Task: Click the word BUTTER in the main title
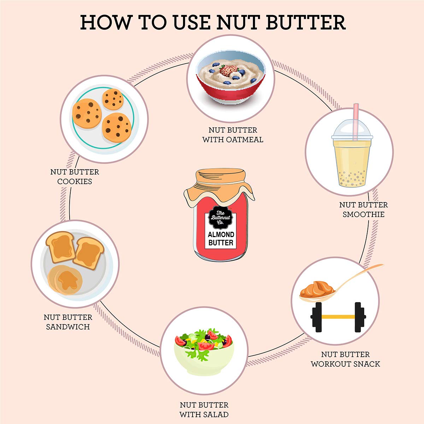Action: pos(306,23)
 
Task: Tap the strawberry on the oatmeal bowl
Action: pos(229,70)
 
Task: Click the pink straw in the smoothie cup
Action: pos(355,122)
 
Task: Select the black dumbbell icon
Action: pos(338,317)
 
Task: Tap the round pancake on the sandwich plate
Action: pos(65,280)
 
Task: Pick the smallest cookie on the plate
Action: pos(113,99)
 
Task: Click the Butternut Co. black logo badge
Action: pos(220,218)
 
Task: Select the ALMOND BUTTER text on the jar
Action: pos(221,238)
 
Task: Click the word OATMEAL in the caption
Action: pos(245,140)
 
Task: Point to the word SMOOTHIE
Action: pos(364,214)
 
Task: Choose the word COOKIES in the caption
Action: pos(75,181)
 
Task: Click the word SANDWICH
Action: pos(68,327)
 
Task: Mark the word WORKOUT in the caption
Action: pos(331,364)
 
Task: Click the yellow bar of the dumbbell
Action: pos(338,317)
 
